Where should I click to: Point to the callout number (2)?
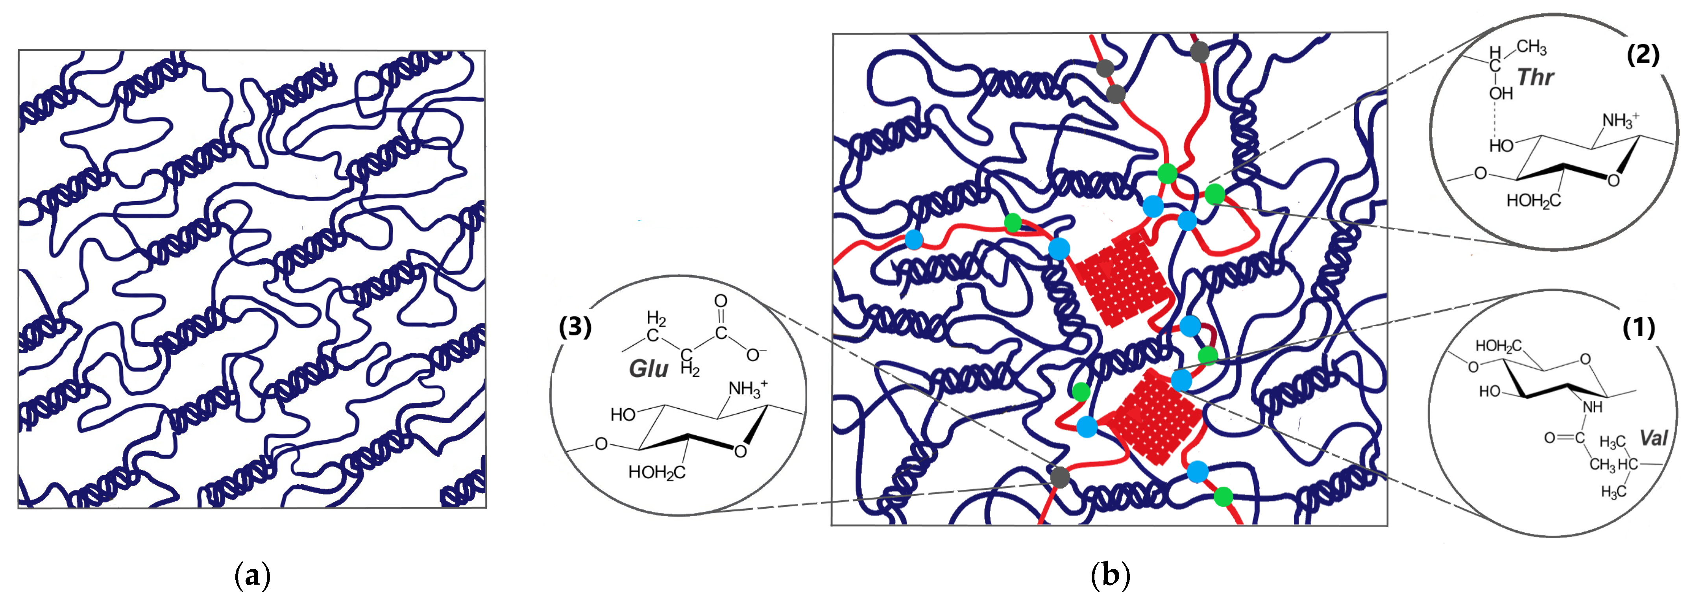coord(1642,55)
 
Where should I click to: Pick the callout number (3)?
coord(575,327)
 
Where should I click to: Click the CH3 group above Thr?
coord(1531,47)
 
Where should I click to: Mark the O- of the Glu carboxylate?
coord(756,356)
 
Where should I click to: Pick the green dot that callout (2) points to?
coord(1214,194)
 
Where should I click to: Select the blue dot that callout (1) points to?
coord(1181,379)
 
